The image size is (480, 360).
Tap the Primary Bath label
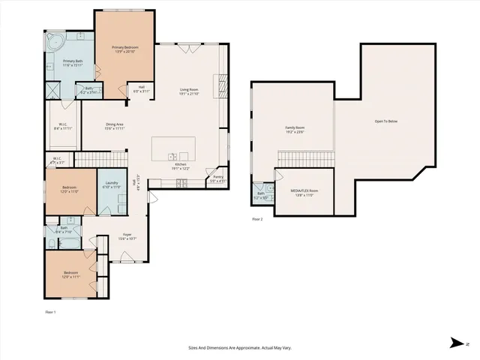tap(73, 62)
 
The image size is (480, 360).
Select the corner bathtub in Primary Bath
tap(56, 41)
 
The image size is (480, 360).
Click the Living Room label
tap(187, 91)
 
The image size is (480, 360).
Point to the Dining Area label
tap(114, 126)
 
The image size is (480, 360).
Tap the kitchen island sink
tap(172, 157)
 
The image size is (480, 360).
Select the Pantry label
tap(217, 178)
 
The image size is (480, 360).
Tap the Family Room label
tap(295, 130)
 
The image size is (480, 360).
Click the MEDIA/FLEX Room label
tap(304, 192)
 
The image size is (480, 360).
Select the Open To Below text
tap(386, 121)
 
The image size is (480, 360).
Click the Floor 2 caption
tap(257, 219)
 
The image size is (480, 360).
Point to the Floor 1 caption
tap(51, 311)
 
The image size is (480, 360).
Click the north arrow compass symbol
tap(457, 343)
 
